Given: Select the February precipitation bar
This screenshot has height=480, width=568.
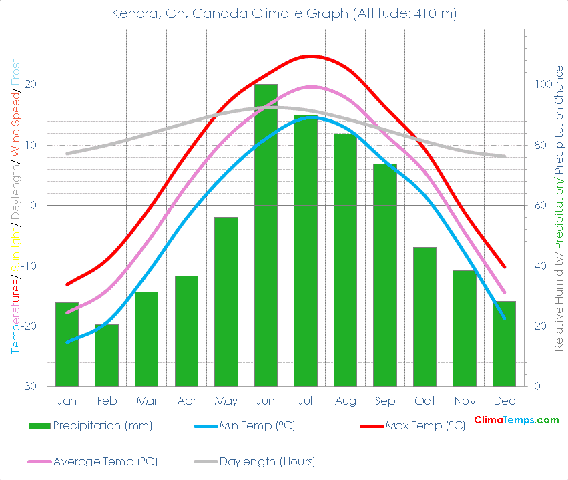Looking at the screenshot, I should pyautogui.click(x=107, y=355).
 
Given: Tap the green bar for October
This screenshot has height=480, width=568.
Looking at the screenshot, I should pyautogui.click(x=424, y=316).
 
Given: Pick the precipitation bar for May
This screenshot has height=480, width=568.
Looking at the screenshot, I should pyautogui.click(x=226, y=301).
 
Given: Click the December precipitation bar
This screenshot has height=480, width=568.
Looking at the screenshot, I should pyautogui.click(x=505, y=343).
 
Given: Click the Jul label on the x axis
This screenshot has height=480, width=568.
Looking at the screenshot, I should pyautogui.click(x=306, y=401).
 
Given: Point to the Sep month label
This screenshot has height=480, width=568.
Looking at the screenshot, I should pyautogui.click(x=385, y=401).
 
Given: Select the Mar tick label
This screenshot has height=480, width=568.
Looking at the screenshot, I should pyautogui.click(x=146, y=401).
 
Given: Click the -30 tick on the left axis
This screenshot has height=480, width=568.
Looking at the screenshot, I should pyautogui.click(x=29, y=386).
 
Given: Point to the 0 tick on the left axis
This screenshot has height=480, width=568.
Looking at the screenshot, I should pyautogui.click(x=33, y=206).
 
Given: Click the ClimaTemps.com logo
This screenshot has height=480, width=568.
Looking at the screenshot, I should pyautogui.click(x=516, y=420).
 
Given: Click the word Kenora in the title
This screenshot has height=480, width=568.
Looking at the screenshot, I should pyautogui.click(x=133, y=14).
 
